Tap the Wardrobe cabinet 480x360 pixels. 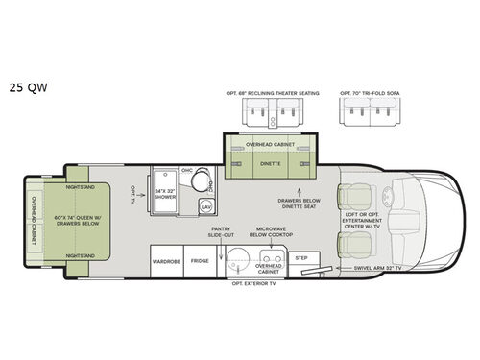point(165,260)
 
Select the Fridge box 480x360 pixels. point(199,260)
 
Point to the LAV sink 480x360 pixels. point(205,207)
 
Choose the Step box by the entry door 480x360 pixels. point(300,257)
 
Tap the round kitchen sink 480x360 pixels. point(233,259)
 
